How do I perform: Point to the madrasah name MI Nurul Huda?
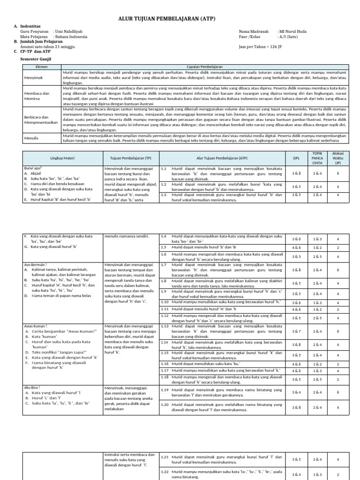point(292,31)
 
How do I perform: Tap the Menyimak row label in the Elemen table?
point(32,77)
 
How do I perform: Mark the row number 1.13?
point(165,325)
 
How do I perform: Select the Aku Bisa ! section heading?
point(33,387)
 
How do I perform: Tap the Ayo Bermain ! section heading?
point(37,264)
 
